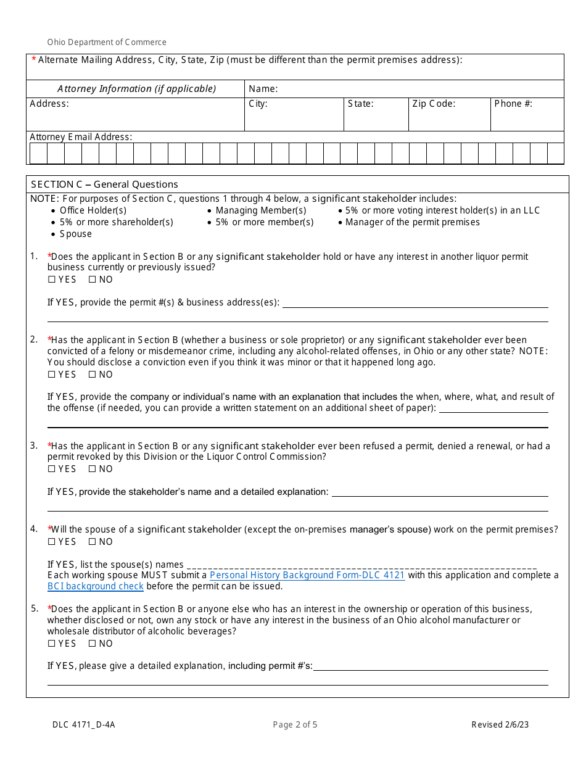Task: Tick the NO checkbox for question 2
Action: [92, 375]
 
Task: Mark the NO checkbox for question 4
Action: [92, 542]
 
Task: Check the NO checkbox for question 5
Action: [92, 644]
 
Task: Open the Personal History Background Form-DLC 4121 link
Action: [307, 575]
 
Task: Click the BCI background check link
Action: [96, 586]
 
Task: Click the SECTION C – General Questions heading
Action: [104, 185]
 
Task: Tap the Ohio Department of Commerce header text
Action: [107, 43]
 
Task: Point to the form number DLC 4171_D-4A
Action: [83, 724]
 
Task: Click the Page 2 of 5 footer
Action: [295, 724]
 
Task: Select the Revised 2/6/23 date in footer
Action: [500, 724]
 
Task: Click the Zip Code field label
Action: [434, 104]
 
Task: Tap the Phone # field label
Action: [513, 104]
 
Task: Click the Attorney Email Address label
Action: [81, 137]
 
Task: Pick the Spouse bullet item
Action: [75, 234]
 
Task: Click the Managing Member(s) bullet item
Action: [260, 210]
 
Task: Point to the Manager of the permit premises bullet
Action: [412, 222]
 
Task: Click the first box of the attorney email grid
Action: [38, 153]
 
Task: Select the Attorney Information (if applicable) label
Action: [136, 89]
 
